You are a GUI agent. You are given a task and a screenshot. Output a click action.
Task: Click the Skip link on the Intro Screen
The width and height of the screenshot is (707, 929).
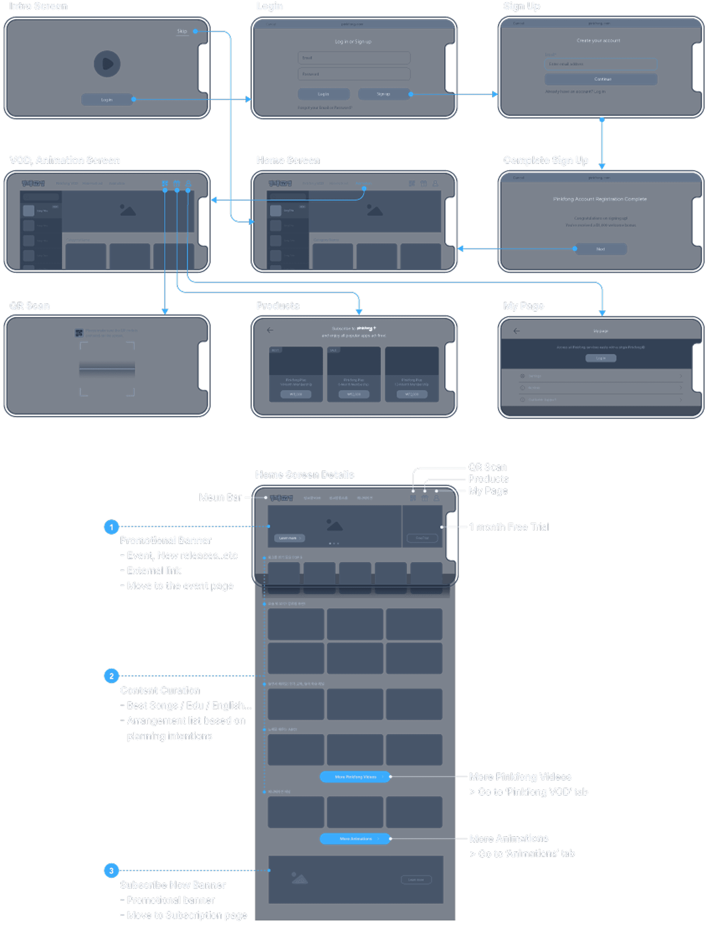[182, 31]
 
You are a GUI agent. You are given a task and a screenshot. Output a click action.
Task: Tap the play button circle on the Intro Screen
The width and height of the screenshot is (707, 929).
[107, 64]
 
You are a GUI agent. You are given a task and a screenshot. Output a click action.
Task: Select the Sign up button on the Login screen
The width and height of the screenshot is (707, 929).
[383, 94]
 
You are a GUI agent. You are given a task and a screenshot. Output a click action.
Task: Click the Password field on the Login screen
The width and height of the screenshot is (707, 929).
[354, 74]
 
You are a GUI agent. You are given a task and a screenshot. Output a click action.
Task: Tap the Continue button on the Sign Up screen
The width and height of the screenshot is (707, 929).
[601, 79]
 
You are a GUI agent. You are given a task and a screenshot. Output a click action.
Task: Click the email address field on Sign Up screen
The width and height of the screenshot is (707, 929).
[601, 64]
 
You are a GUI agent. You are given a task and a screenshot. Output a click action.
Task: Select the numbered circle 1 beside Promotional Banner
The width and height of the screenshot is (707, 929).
[111, 527]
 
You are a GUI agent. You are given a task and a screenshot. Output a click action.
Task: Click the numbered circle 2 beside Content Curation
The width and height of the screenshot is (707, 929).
[111, 676]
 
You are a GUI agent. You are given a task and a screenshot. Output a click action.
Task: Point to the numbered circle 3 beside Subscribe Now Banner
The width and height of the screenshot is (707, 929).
[111, 870]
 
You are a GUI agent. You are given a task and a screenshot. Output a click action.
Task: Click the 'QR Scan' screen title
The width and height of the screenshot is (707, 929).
[29, 306]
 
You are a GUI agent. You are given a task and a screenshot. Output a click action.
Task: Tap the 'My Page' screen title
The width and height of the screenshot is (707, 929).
[524, 306]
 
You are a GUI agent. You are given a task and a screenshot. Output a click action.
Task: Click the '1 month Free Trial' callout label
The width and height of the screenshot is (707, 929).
[509, 527]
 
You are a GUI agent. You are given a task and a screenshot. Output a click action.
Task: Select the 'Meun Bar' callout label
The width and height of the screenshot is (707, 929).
[220, 497]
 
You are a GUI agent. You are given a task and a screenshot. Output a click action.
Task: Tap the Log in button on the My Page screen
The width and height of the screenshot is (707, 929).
[601, 358]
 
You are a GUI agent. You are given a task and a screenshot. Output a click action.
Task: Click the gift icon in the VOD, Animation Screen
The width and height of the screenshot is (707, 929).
[177, 183]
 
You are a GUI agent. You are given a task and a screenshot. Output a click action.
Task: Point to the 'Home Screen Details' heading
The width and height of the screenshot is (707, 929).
[304, 474]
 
